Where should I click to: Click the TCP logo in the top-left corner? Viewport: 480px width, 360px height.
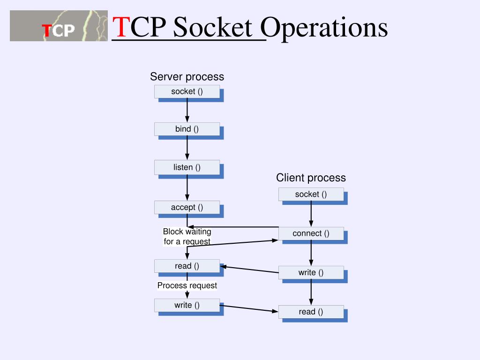pos(59,26)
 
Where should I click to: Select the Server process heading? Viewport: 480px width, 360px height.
pos(187,76)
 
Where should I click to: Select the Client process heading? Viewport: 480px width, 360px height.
pos(311,178)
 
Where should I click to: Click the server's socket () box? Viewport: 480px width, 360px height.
pos(187,91)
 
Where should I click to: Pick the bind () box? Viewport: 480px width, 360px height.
pos(187,129)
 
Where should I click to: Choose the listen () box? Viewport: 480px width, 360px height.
pos(187,167)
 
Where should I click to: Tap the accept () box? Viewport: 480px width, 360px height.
pos(187,207)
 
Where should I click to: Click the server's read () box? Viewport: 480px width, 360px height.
pos(187,266)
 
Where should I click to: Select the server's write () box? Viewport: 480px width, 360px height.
pos(187,305)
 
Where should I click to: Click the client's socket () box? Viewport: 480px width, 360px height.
pos(311,194)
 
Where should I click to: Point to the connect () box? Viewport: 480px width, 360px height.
pos(311,233)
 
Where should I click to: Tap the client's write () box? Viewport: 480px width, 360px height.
pos(311,272)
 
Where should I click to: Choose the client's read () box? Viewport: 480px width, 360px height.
pos(311,312)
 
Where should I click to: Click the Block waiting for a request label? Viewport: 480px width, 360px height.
pos(187,237)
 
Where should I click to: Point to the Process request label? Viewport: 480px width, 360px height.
pos(187,285)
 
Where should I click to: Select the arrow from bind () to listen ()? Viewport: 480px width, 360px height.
pos(187,148)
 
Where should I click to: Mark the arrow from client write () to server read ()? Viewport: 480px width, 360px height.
pos(249,270)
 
